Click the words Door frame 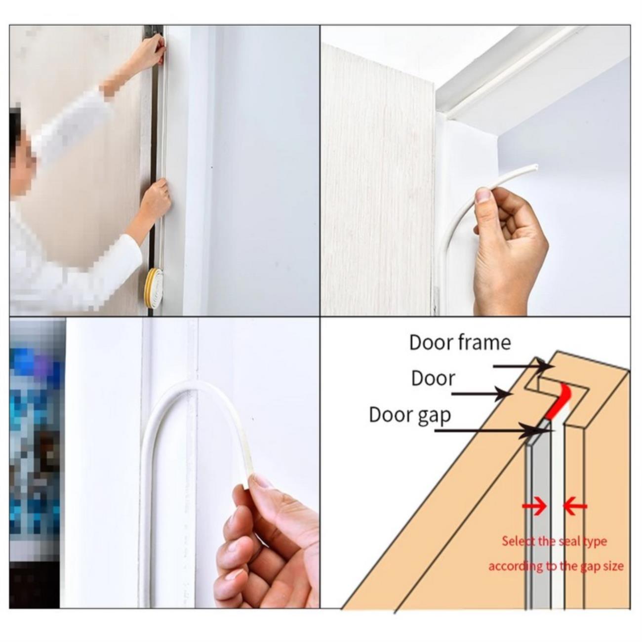(460, 343)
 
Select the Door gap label (410, 415)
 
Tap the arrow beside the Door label (482, 394)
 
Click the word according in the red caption (512, 567)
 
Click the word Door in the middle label (433, 378)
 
